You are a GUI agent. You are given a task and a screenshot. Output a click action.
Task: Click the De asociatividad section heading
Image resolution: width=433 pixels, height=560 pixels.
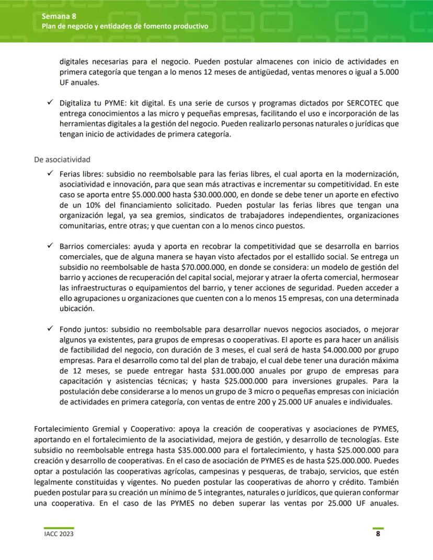pyautogui.click(x=62, y=159)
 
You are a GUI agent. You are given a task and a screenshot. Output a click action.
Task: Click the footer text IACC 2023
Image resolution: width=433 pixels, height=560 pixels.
pyautogui.click(x=59, y=534)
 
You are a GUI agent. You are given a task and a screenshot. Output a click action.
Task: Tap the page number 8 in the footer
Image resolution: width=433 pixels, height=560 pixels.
pyautogui.click(x=378, y=534)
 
